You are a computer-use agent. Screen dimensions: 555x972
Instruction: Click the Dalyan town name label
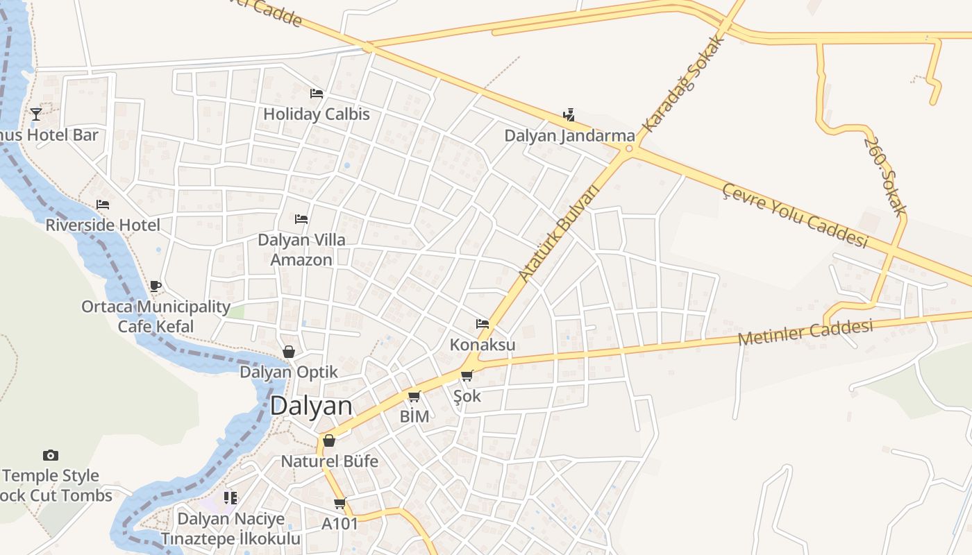point(311,406)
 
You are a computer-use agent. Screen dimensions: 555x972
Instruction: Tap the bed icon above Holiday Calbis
point(317,94)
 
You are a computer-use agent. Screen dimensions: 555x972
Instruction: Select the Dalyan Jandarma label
point(569,135)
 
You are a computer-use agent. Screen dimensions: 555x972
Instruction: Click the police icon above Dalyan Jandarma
point(569,115)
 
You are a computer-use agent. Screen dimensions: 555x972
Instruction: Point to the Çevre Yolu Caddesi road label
point(796,216)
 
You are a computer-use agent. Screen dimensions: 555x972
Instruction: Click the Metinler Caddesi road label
point(805,333)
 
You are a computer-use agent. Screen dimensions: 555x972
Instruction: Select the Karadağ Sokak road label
point(683,84)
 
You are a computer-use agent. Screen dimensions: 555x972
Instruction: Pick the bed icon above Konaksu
point(483,324)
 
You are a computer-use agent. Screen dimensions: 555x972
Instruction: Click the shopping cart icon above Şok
point(467,376)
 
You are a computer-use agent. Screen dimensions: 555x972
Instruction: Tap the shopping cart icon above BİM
point(414,396)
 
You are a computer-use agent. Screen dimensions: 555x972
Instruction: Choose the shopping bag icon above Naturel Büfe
point(329,441)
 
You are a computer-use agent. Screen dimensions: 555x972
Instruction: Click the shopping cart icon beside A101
point(340,504)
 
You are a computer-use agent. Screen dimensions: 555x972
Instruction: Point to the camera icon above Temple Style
point(50,456)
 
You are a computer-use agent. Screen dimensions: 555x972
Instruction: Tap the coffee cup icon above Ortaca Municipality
point(156,286)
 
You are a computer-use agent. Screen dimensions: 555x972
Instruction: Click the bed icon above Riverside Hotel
point(103,205)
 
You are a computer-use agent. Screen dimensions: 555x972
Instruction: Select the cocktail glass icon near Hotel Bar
point(36,114)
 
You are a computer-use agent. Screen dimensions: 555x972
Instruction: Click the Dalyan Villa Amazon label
point(301,250)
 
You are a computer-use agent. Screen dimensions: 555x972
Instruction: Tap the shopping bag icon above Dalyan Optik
point(289,352)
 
